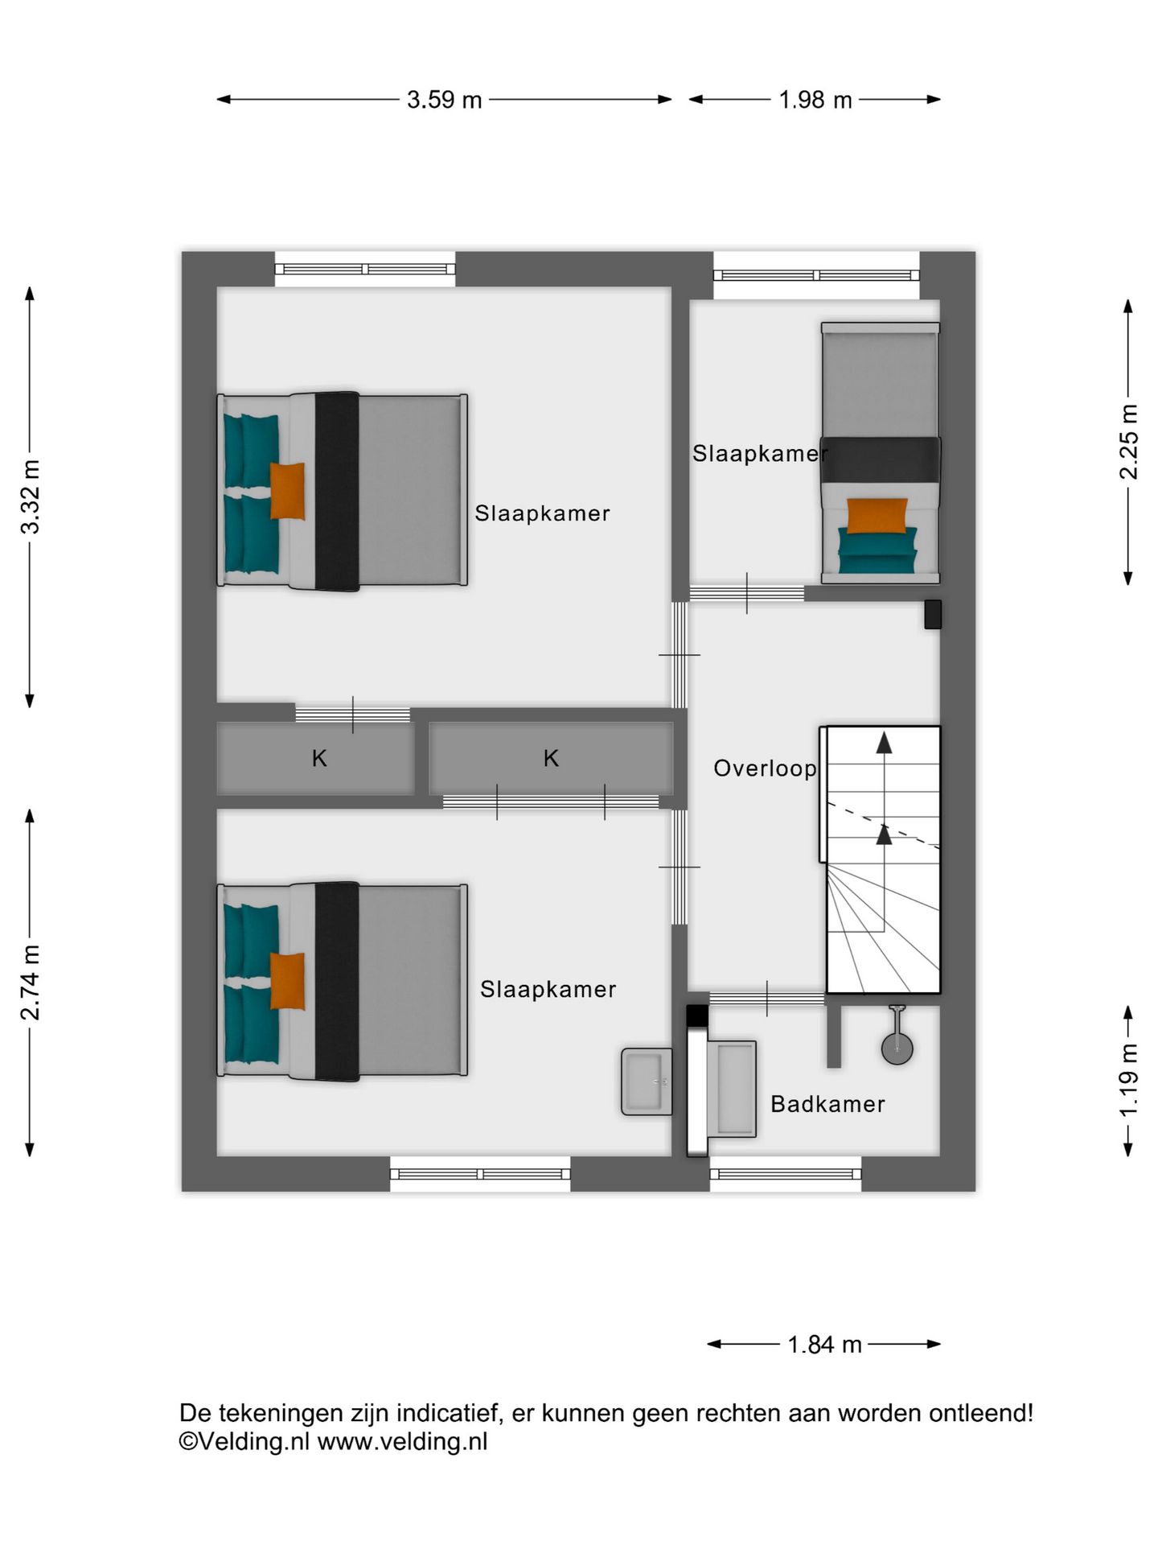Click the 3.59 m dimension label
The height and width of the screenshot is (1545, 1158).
444,100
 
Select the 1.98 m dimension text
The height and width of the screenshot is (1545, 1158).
815,100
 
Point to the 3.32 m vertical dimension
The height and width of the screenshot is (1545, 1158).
31,497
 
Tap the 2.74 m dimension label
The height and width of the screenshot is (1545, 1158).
31,983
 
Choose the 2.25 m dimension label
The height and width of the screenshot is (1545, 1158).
1129,442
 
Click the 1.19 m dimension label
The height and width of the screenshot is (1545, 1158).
1129,1080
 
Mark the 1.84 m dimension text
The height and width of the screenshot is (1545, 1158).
824,1345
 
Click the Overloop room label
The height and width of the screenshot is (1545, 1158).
765,769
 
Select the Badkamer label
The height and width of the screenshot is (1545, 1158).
827,1104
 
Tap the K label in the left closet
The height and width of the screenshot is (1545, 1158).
319,758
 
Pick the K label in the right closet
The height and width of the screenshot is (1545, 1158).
551,758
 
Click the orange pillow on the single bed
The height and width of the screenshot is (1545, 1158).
877,516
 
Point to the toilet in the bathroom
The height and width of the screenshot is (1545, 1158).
897,1037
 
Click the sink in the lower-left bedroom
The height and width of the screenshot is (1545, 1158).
647,1081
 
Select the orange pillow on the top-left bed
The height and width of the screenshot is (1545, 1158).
287,491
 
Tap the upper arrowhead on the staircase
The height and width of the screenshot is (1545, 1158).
884,743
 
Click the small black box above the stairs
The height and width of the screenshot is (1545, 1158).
932,615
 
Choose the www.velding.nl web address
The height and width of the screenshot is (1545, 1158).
402,1441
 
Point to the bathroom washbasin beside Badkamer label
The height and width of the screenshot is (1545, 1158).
732,1089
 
